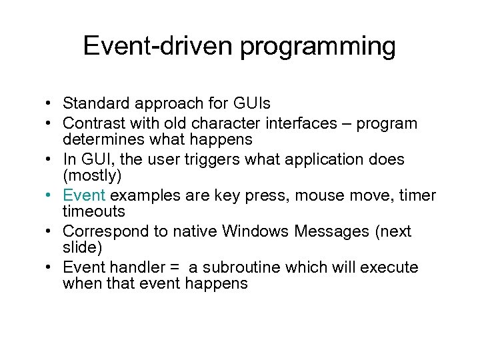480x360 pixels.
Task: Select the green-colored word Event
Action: (84, 195)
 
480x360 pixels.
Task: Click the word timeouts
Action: (94, 211)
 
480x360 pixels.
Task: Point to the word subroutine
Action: (238, 267)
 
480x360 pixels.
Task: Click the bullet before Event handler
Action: (50, 268)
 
